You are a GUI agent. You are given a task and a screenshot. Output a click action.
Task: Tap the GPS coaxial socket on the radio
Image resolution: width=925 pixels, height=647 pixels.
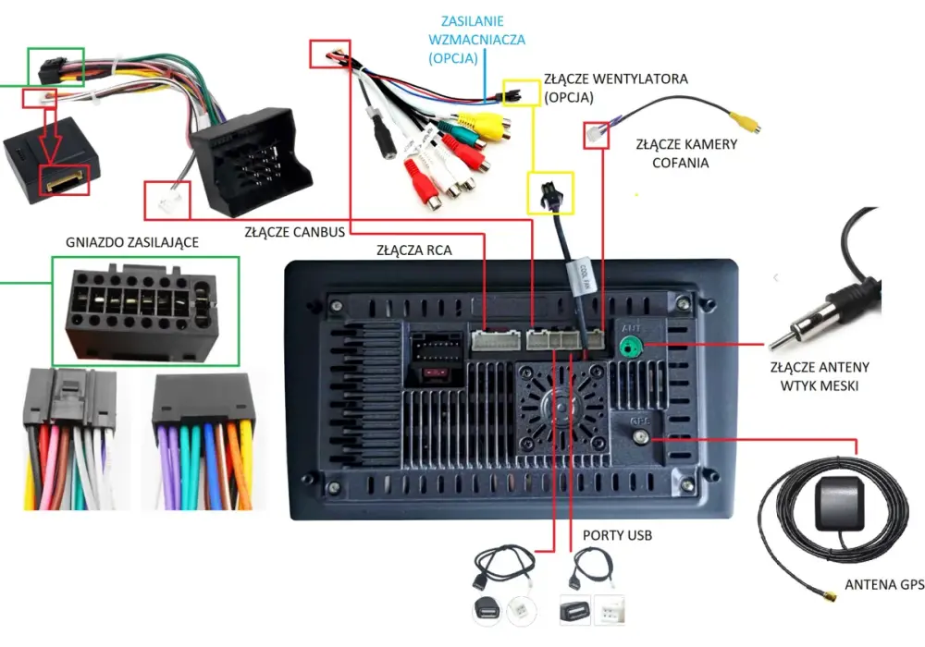(x=640, y=437)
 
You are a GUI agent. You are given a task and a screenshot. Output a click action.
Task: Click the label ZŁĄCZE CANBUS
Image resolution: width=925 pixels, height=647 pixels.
(x=295, y=232)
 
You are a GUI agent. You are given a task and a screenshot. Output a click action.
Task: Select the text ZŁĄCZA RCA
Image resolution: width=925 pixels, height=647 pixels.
(x=414, y=250)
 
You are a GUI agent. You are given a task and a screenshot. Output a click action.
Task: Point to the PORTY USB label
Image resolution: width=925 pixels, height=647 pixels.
(x=617, y=535)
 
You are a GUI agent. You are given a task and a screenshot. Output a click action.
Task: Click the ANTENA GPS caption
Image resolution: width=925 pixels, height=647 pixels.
(x=884, y=584)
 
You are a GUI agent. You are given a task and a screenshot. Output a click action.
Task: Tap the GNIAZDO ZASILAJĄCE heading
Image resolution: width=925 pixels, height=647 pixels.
(x=132, y=242)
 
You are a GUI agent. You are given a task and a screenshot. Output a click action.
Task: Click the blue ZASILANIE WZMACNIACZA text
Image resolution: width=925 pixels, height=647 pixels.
(x=476, y=40)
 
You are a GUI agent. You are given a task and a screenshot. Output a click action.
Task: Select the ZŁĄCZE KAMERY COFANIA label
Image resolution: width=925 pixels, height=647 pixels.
(x=686, y=153)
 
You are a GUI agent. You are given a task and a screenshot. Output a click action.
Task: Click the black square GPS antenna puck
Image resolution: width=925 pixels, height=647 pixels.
(x=839, y=505)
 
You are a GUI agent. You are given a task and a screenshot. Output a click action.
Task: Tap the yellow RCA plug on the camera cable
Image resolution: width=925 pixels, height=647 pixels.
(x=745, y=121)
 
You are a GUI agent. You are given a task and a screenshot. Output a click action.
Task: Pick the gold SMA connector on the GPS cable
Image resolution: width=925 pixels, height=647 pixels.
(x=830, y=596)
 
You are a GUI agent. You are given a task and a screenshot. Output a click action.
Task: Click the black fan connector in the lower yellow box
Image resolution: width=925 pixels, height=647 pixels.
(x=551, y=193)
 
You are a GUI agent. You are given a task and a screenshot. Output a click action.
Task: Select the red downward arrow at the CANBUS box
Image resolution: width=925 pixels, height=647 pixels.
(x=49, y=134)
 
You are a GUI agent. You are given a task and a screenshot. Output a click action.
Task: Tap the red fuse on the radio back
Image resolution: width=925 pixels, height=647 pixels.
(x=435, y=373)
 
